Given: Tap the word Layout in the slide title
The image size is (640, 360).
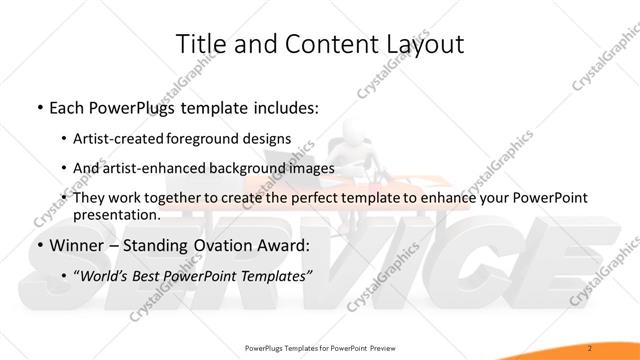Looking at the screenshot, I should click(421, 43).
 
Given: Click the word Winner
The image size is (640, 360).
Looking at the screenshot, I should click(69, 244).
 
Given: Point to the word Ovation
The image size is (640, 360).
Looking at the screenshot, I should click(225, 244).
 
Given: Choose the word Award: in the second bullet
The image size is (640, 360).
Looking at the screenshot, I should click(284, 244).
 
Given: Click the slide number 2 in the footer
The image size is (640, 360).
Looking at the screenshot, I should click(591, 347).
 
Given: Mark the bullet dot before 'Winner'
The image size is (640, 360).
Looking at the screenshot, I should click(38, 245).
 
